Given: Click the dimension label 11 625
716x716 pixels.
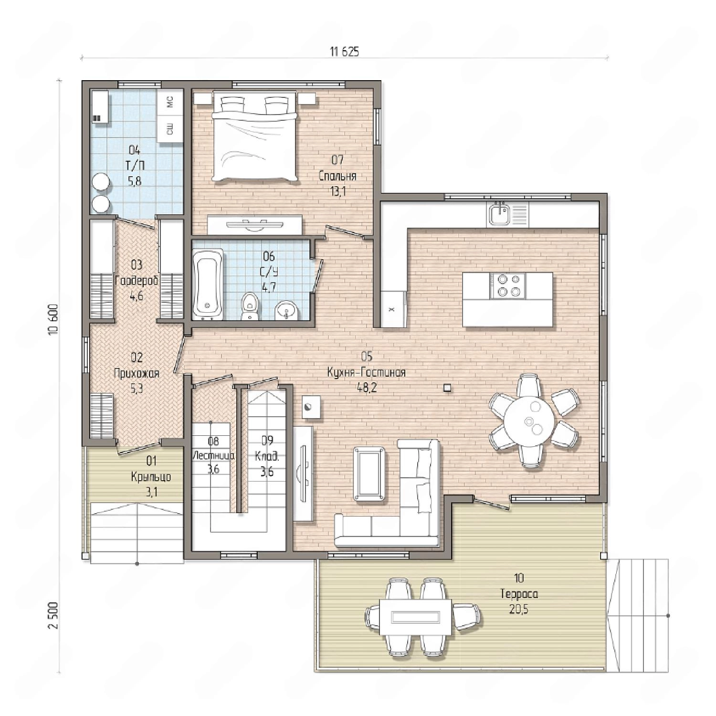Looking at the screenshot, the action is click(x=344, y=52).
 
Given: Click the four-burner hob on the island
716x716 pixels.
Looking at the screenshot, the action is click(x=507, y=285).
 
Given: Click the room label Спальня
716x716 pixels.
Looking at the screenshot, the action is click(x=337, y=176).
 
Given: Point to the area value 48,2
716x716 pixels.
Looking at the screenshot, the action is click(x=367, y=388).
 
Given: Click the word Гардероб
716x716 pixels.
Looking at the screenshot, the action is click(x=137, y=281).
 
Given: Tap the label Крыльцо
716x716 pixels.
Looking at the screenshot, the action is click(x=151, y=477).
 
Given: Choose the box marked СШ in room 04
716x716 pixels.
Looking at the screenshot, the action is click(x=170, y=128).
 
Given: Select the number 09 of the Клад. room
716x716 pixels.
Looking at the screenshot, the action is click(x=267, y=440).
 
